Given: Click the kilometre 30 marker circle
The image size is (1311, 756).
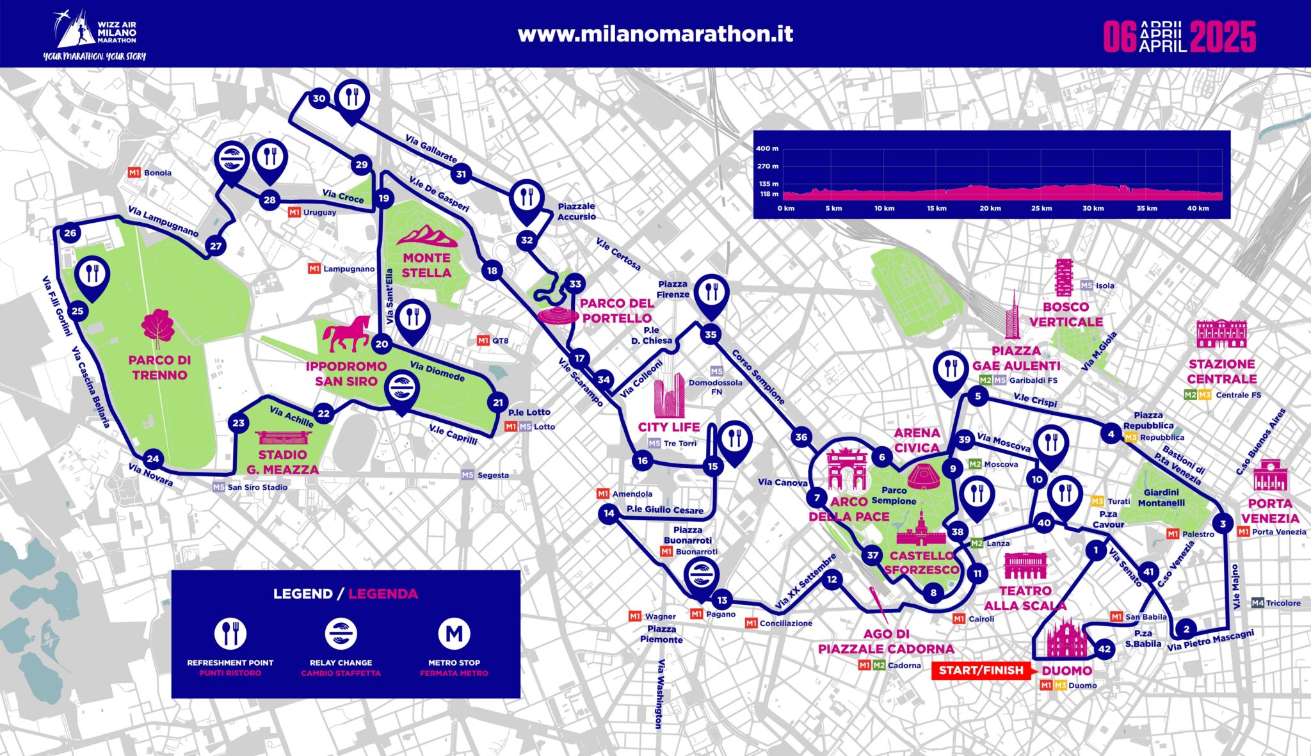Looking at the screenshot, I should point(318,99).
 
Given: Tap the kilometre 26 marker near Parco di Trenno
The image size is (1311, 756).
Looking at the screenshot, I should point(70,233).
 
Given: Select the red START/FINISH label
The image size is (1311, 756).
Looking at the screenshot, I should point(981,670).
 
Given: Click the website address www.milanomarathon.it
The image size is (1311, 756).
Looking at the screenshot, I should point(655,34).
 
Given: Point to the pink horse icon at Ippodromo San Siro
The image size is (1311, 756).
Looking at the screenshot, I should point(346,334).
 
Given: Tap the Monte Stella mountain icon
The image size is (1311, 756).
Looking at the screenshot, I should point(427,236).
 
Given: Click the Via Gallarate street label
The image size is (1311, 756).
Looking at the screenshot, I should point(431,149).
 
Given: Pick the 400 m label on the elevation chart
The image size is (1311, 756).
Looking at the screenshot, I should point(767,149).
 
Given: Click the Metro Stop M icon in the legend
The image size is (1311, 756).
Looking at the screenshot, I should point(454,634).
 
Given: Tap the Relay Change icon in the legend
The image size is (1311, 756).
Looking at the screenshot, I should point(341,634).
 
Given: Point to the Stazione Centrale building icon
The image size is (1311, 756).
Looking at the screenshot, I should point(1221,334).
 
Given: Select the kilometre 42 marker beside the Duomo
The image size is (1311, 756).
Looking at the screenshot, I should point(1104,648).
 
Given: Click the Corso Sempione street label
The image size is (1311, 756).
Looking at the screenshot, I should point(758,377).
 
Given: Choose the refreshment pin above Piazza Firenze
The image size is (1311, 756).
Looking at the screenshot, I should point(711,293).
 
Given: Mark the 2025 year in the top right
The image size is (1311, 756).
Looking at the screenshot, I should point(1223,37).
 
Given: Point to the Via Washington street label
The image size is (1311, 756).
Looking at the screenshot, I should point(659,694).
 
